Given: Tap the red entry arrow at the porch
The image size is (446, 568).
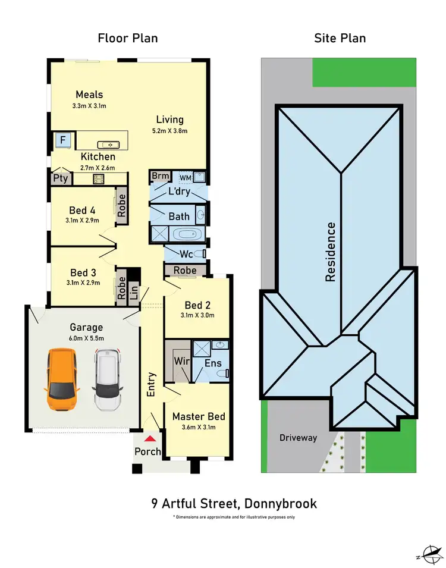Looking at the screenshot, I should click(152, 438).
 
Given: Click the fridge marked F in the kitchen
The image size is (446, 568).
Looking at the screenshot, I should click(62, 141).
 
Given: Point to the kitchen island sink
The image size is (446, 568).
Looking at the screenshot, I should click(109, 145).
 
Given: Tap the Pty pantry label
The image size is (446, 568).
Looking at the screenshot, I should click(60, 178).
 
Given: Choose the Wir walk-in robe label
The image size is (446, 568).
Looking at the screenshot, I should click(181, 361).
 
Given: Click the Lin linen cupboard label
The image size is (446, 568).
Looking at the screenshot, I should click(133, 291).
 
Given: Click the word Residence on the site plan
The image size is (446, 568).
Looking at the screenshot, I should click(331, 252).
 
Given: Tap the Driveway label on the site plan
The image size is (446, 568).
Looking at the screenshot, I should click(299, 438).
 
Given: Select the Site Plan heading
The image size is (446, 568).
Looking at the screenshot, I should click(340, 39).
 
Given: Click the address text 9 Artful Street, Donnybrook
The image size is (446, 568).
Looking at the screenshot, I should click(234, 504).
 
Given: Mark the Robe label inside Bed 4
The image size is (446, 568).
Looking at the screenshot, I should click(121, 206).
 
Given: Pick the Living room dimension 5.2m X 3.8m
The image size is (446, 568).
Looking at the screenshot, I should click(169, 131).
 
